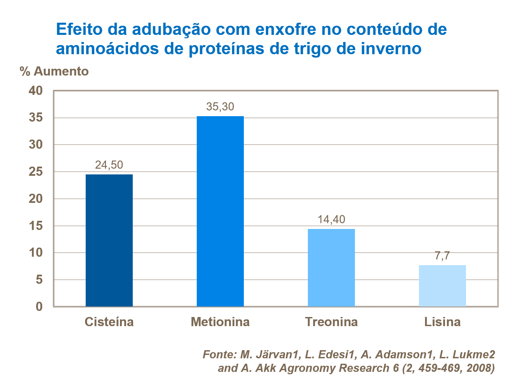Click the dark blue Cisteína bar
coord(109,240)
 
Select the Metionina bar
coord(220,211)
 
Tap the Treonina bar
coord(331,268)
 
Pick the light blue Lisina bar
coord(442,286)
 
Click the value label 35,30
coord(220,107)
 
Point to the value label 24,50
coord(109,165)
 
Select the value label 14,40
coord(331,219)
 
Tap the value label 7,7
coord(442,256)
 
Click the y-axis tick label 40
coord(36,91)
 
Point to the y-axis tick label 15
coord(36,226)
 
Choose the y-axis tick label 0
coord(39,306)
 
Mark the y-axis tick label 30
coord(36,145)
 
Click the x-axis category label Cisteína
coord(109,322)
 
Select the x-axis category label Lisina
coord(442,322)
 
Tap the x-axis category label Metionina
coord(220,322)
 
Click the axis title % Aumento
coord(54,71)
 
